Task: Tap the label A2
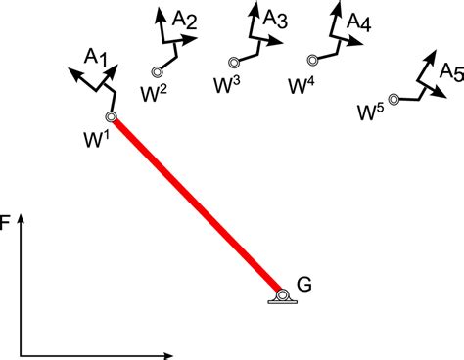(x=184, y=21)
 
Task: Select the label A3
(x=275, y=21)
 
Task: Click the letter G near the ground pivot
(x=304, y=286)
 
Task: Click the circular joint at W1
(x=112, y=117)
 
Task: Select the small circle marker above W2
(x=157, y=70)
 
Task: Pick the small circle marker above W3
(x=232, y=63)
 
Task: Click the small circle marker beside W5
(x=394, y=99)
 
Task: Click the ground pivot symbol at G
(x=282, y=295)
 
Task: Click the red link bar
(x=196, y=205)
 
